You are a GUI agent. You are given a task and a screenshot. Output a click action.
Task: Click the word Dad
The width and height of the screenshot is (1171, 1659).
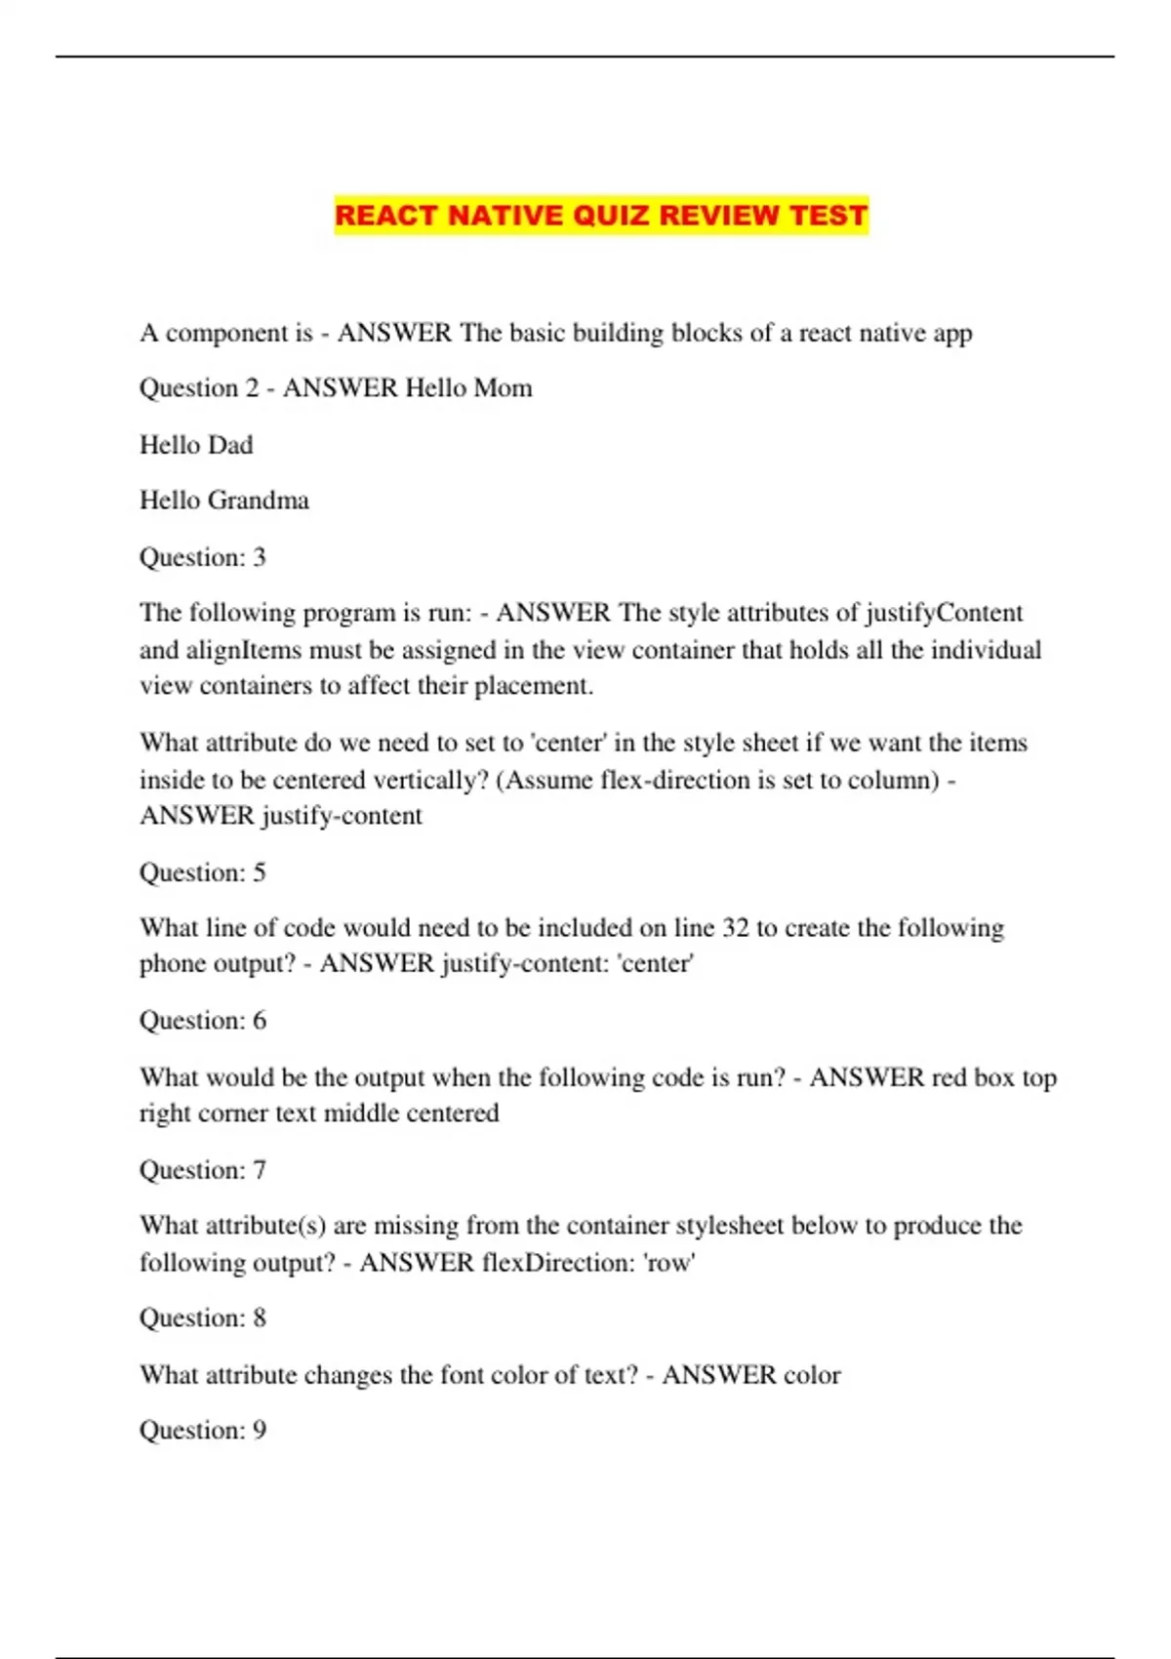point(230,445)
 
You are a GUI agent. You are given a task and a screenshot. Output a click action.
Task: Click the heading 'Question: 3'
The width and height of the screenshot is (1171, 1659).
point(203,557)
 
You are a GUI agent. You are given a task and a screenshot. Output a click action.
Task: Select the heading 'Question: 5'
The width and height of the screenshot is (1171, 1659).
point(203,872)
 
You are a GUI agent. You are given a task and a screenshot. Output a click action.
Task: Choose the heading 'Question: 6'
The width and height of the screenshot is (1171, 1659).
point(203,1021)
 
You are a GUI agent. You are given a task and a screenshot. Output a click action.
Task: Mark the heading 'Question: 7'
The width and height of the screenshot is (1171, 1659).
point(203,1170)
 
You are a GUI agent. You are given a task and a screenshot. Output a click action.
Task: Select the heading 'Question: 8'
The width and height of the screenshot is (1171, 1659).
point(203,1318)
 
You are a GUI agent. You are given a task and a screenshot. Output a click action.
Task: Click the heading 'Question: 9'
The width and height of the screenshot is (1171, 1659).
point(203,1431)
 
